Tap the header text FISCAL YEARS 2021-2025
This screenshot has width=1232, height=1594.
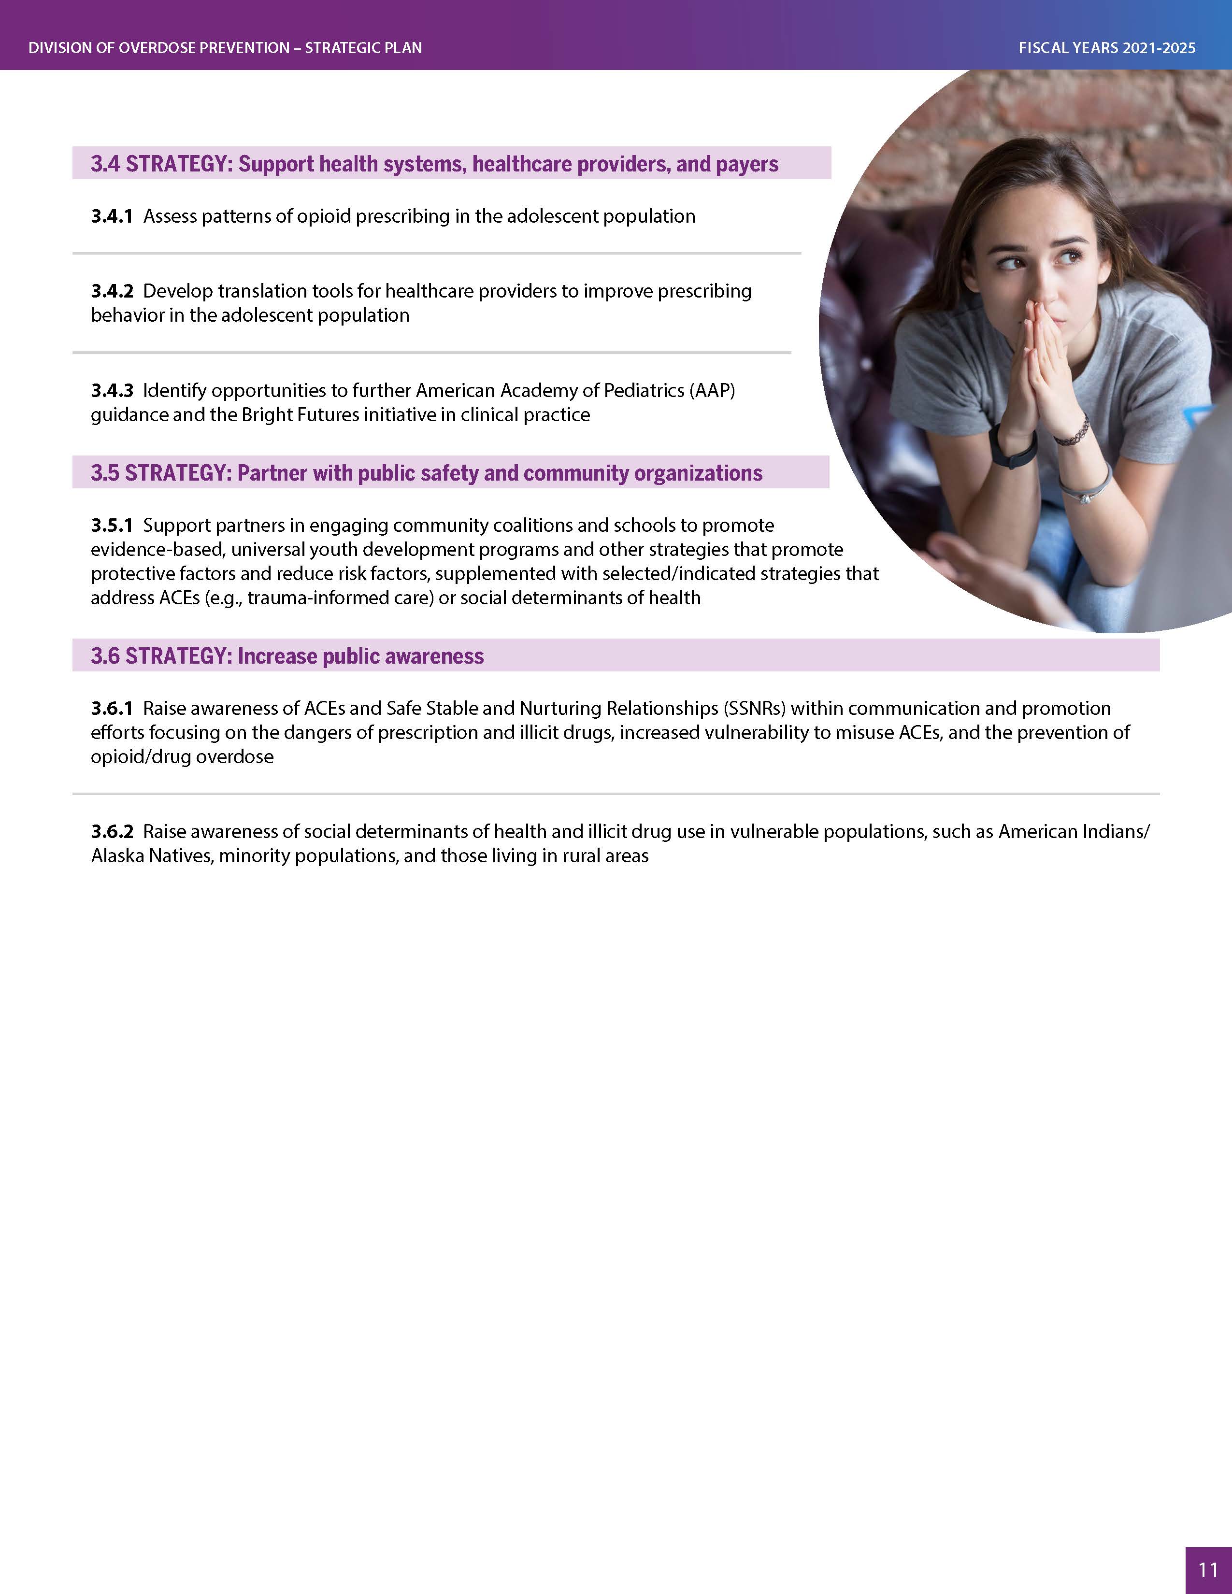(x=1106, y=48)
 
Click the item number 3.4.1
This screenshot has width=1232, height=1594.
(x=112, y=216)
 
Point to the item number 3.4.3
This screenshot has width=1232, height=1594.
(x=112, y=390)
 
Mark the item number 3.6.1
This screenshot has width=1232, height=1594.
(x=112, y=709)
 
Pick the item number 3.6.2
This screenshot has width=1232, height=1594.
(x=112, y=831)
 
